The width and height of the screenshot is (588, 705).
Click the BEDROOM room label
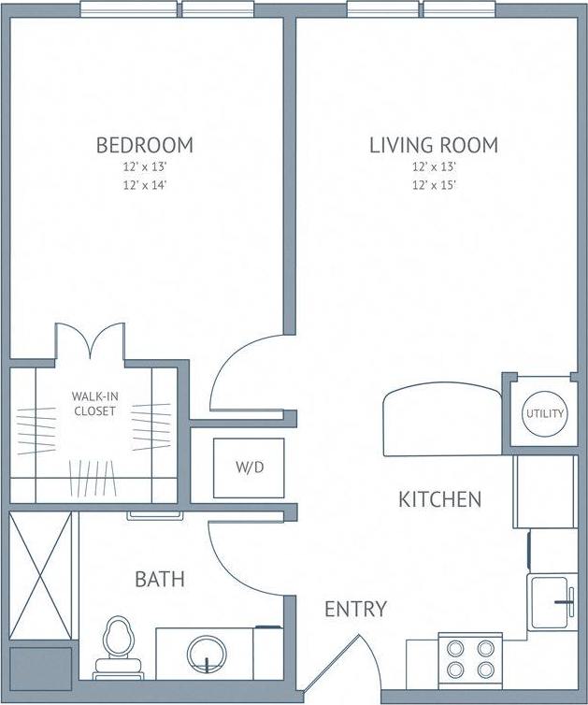tap(145, 145)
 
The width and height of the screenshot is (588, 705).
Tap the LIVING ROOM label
tap(433, 145)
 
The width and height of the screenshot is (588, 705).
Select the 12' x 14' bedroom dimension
tap(145, 185)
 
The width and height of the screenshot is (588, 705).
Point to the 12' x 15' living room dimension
tap(433, 185)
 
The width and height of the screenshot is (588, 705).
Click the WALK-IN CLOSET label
tap(93, 404)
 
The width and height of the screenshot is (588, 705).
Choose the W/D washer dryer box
tap(248, 467)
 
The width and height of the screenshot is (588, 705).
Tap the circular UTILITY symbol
tap(544, 412)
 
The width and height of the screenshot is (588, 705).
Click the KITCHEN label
tap(440, 499)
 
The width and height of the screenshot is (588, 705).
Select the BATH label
tap(160, 580)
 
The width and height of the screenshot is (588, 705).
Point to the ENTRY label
tap(355, 610)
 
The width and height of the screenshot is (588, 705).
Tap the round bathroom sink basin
tap(207, 654)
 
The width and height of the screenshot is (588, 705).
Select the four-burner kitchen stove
tap(470, 658)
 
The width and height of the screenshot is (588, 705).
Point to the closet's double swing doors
tap(90, 342)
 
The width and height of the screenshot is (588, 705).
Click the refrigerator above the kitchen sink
tap(545, 491)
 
